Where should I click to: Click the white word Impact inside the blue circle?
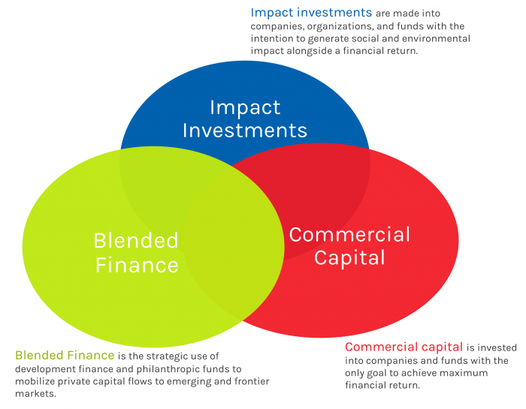click(x=245, y=109)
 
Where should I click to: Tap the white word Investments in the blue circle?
click(x=245, y=131)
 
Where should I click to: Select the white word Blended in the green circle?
click(x=136, y=240)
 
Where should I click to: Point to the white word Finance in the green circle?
click(x=137, y=265)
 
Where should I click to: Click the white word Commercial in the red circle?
click(x=349, y=234)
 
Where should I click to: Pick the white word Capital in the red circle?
click(x=349, y=258)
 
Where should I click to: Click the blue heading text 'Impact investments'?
click(x=311, y=13)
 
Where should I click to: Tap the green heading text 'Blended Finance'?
click(x=65, y=355)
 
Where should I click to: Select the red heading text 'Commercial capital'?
click(x=404, y=347)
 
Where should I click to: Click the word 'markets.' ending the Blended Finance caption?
click(x=35, y=393)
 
